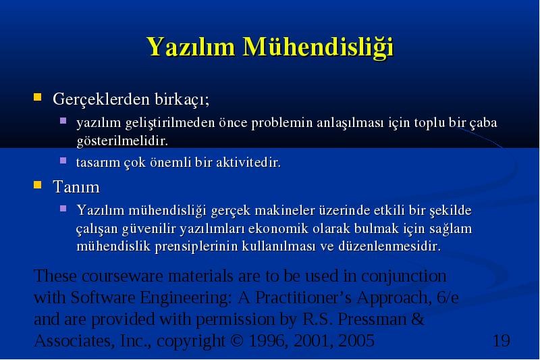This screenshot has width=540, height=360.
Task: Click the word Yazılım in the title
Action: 191,47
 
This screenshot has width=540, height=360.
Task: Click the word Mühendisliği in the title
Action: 318,47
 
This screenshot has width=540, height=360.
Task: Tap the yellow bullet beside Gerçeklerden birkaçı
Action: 38,97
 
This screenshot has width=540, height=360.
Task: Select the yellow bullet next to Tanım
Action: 38,185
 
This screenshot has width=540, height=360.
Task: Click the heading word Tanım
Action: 76,187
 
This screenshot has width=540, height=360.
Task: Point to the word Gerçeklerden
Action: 101,100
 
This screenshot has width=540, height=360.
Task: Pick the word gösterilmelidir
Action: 122,141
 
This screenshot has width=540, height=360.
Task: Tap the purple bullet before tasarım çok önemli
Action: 63,161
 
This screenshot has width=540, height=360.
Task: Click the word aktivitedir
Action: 248,162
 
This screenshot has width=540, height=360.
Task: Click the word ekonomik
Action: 278,228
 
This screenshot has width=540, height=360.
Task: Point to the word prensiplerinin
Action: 196,247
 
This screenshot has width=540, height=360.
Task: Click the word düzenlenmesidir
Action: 389,247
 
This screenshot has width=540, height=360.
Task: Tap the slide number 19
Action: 502,340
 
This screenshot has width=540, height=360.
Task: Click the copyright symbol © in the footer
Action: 237,340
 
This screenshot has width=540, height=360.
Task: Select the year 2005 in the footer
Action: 356,340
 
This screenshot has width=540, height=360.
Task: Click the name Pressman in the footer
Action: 372,319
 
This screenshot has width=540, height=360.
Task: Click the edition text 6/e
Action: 448,298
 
